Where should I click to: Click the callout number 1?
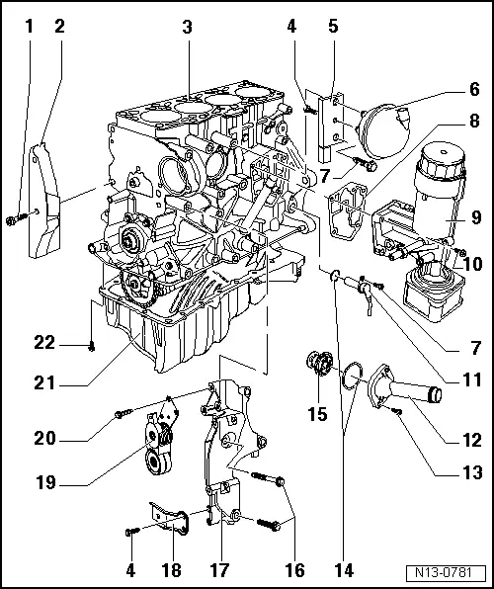point(29,27)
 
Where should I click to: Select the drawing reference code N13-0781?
point(447,572)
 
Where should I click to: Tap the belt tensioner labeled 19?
point(161,451)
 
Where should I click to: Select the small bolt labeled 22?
point(91,345)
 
